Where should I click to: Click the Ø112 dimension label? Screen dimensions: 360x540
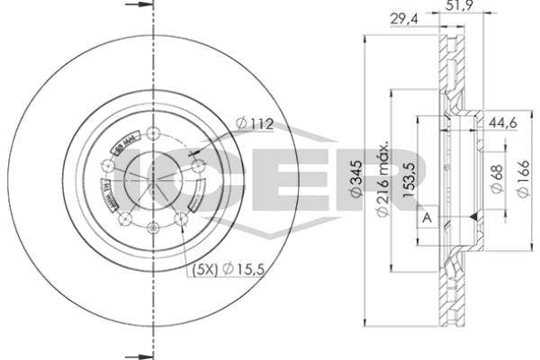pos(255,124)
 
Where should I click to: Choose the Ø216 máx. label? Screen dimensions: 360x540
pos(383,180)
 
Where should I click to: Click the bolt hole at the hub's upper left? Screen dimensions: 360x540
pos(109,165)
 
